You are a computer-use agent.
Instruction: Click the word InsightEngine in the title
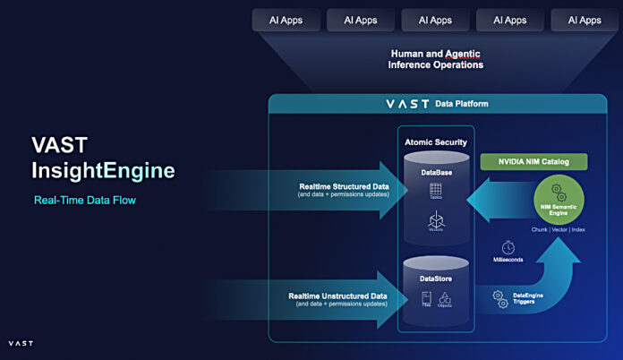[103, 169]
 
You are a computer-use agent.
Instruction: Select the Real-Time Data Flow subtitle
[84, 200]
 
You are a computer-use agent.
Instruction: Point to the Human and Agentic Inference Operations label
[435, 59]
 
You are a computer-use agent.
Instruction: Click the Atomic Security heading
[436, 141]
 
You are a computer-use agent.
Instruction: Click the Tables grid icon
[436, 190]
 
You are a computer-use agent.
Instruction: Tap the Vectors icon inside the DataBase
[436, 219]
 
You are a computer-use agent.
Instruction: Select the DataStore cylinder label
[436, 279]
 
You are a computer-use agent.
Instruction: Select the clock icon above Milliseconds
[508, 246]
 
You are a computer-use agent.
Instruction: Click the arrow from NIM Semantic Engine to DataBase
[493, 199]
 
